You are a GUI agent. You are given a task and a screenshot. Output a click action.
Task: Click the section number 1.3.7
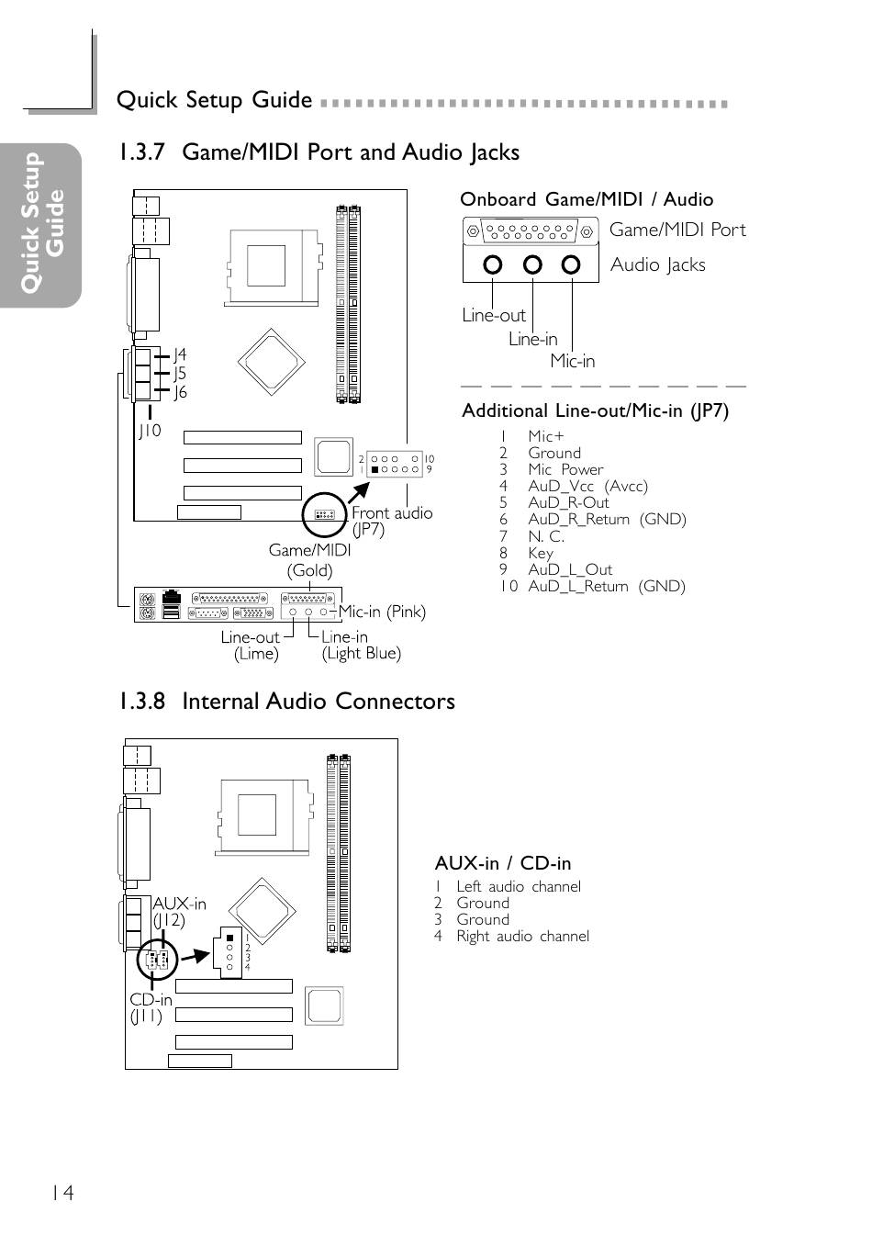click(x=142, y=152)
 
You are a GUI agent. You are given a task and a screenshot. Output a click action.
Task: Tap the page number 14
click(x=62, y=1193)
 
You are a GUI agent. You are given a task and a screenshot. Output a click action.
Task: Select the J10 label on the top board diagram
click(x=150, y=431)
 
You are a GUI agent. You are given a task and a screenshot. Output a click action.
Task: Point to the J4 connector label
click(x=180, y=354)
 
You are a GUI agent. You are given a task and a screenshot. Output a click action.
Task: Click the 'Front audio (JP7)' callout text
click(x=392, y=521)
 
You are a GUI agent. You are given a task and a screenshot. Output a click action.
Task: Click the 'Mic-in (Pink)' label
click(x=382, y=612)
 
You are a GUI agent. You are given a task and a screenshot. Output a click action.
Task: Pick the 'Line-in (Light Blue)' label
click(x=361, y=645)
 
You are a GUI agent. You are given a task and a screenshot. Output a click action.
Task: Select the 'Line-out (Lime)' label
click(x=251, y=646)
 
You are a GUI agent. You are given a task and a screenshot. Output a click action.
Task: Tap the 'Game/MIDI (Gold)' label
click(x=309, y=560)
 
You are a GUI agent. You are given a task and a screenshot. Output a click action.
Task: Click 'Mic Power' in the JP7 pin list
click(x=565, y=469)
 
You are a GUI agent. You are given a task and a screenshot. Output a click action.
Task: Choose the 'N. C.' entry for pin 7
click(x=546, y=536)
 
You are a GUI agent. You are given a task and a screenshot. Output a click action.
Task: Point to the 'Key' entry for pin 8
click(x=540, y=554)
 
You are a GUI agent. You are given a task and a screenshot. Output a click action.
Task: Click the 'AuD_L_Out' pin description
click(x=570, y=569)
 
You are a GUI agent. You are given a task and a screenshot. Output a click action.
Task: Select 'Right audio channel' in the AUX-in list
click(x=522, y=936)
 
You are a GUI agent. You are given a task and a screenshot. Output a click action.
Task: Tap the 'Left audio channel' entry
click(x=519, y=886)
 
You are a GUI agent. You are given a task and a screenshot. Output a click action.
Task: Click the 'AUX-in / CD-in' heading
click(x=502, y=863)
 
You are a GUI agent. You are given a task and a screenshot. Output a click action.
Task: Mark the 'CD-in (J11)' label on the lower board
click(x=151, y=1007)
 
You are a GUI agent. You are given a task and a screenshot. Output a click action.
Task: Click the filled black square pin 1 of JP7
click(x=375, y=469)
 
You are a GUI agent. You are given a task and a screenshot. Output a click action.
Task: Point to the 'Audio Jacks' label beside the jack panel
click(x=657, y=264)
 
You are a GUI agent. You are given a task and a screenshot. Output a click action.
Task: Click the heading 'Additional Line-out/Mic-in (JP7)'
click(x=595, y=411)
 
